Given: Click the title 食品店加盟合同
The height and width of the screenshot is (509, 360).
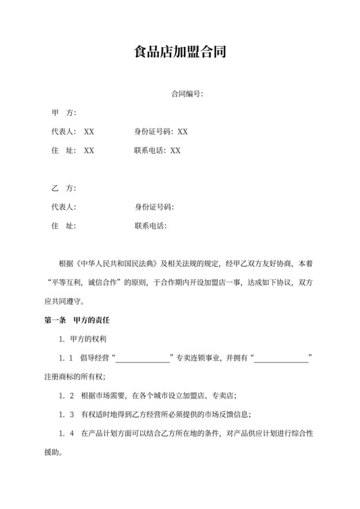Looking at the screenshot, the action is click(179, 52).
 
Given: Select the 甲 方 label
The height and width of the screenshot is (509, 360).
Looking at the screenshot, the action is click(64, 113).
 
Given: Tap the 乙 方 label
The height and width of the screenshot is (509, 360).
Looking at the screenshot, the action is click(64, 188).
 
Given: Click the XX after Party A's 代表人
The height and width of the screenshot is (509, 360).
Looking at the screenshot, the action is click(89, 132).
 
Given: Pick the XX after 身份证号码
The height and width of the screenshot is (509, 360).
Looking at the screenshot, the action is click(183, 132).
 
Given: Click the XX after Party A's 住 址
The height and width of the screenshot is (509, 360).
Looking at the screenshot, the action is click(89, 150).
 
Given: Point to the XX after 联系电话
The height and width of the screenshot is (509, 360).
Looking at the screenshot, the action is click(175, 150).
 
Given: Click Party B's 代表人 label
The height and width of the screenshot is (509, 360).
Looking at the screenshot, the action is click(64, 207).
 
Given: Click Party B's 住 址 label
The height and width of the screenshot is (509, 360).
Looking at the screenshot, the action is click(64, 226).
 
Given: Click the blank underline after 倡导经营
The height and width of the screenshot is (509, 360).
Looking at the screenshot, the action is click(142, 358).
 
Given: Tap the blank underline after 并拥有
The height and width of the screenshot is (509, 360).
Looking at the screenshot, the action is click(282, 358).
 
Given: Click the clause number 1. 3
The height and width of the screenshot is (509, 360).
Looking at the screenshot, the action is click(66, 414).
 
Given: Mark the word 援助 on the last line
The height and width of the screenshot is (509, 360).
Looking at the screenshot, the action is click(51, 451).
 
